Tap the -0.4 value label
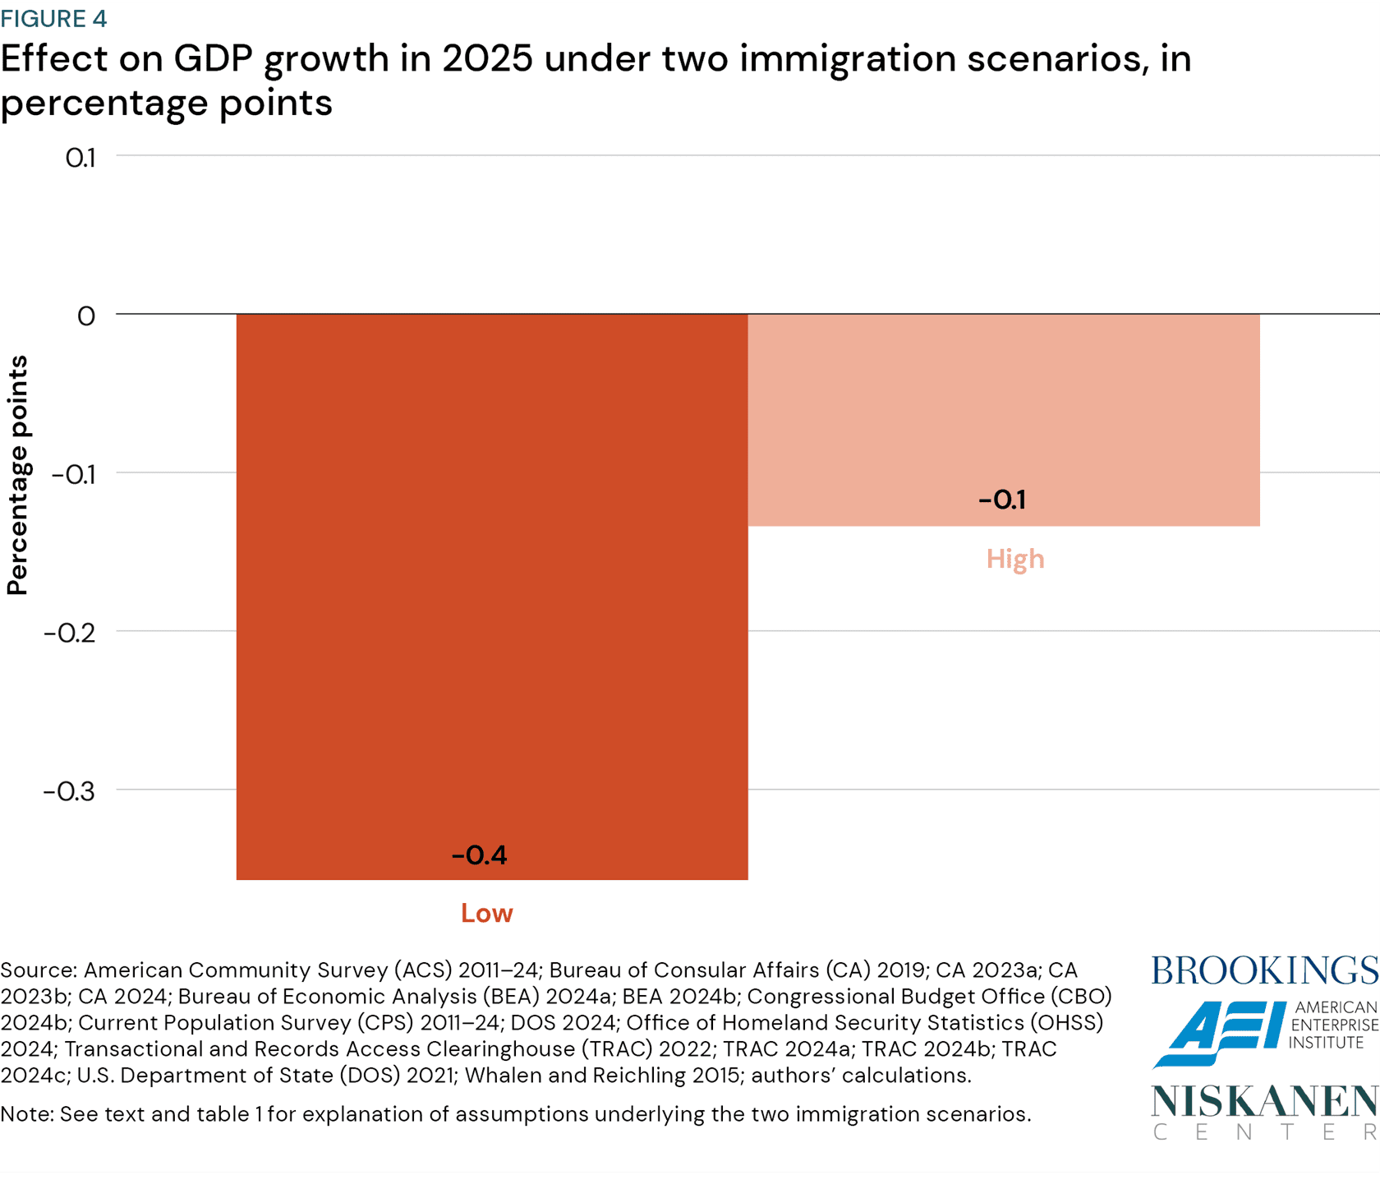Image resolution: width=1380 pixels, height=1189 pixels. click(480, 855)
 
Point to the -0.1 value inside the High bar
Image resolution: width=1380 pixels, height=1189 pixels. click(1002, 500)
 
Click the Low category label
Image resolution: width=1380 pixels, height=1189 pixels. click(486, 913)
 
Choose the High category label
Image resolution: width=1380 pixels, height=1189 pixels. click(1015, 559)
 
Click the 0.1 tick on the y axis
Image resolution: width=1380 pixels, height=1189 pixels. click(80, 158)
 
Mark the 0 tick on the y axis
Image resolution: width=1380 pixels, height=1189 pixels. click(86, 316)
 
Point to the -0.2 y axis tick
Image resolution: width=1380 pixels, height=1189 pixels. click(70, 633)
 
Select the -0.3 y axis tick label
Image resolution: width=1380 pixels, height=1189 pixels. click(69, 791)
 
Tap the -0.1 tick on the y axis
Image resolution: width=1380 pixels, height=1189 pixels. click(74, 474)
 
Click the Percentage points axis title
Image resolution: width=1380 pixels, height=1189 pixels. click(18, 475)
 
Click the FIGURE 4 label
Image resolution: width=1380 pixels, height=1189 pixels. click(54, 18)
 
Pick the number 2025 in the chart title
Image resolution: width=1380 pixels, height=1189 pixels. click(487, 59)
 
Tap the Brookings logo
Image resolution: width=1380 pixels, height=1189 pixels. click(1264, 970)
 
